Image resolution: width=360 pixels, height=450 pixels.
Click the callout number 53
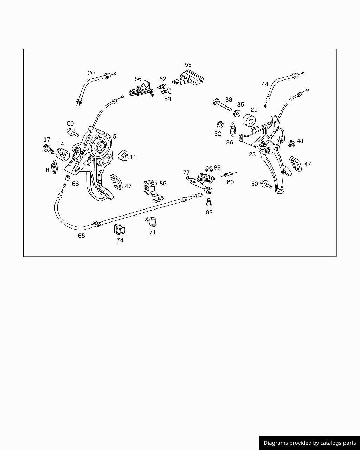188,65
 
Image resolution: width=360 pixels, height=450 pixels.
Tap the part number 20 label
91,73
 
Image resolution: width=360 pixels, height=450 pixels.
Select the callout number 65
81,236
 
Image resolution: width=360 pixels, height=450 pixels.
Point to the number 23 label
252,154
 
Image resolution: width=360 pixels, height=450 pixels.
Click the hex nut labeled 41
291,143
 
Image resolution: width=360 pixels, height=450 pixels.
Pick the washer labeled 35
237,113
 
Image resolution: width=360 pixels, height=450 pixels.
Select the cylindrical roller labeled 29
249,121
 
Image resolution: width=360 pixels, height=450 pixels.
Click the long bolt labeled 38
222,105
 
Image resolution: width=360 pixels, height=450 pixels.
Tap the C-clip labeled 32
220,124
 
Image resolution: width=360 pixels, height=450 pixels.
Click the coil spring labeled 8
54,167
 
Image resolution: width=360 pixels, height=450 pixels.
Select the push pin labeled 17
48,149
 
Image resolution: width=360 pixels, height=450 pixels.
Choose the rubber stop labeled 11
123,155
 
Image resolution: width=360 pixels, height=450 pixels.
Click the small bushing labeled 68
67,178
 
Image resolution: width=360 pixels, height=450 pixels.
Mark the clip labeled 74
120,229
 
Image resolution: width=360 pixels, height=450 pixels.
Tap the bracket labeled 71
151,221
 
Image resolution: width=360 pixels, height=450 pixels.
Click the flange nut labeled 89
209,169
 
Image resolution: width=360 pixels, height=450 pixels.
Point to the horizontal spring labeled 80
229,174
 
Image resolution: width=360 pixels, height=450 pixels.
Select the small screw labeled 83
208,202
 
